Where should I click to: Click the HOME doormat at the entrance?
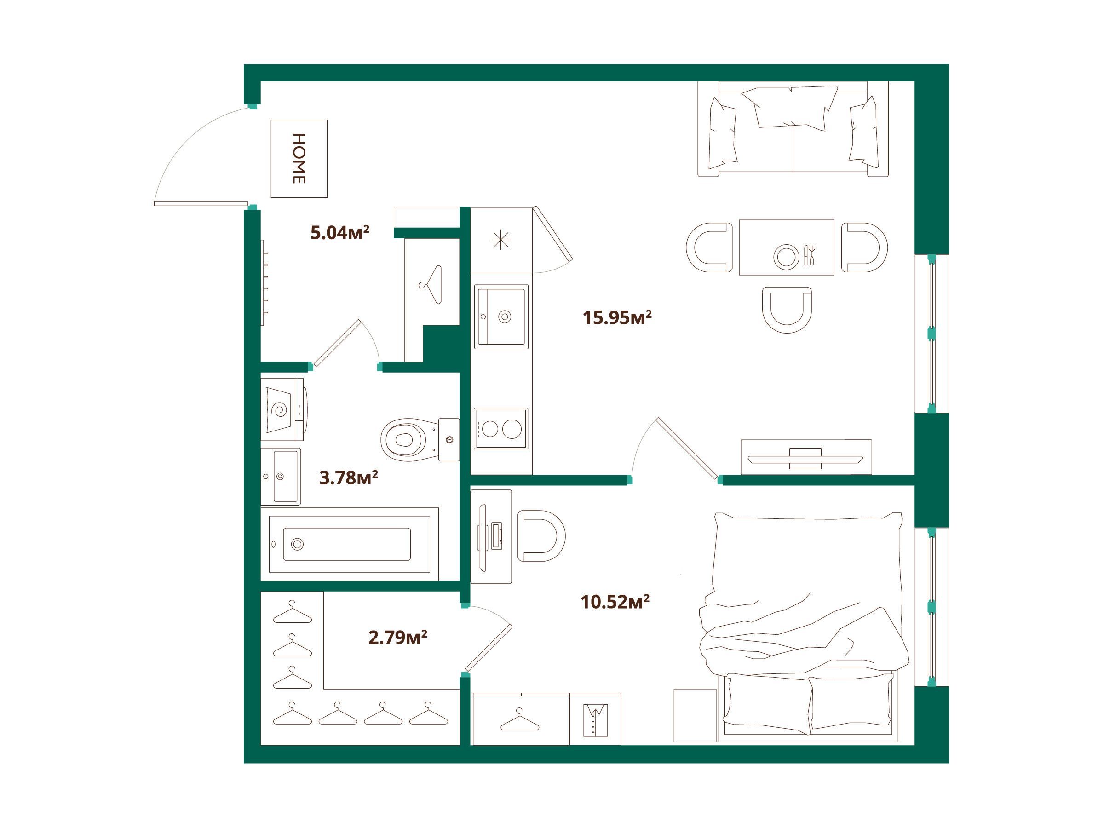pos(299,158)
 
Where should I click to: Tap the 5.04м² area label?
pos(340,233)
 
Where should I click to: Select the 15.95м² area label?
pos(617,317)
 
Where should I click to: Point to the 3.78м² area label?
pos(348,477)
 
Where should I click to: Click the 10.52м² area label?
pos(615,602)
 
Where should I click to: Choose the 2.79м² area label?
pos(398,638)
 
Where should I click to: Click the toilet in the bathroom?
pos(420,440)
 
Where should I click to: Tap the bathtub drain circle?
pos(298,544)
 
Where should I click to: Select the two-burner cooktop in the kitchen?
pos(500,429)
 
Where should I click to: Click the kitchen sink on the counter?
pos(501,316)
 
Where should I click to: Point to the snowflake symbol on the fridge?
pos(500,241)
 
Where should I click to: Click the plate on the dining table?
pos(786,257)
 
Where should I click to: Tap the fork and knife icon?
pos(810,254)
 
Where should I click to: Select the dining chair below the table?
pos(787,310)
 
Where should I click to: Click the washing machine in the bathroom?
pos(283,409)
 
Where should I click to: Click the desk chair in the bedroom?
pos(541,535)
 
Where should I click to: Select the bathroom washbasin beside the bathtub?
pos(281,477)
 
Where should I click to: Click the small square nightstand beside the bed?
pos(695,715)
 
